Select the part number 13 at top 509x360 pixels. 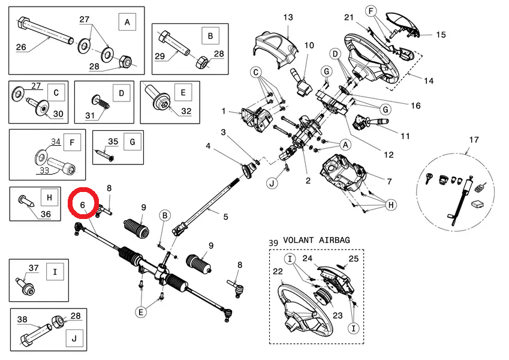point(288,17)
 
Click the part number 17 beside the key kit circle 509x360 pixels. point(474,140)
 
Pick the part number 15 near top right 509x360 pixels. point(441,35)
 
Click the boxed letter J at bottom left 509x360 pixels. point(74,339)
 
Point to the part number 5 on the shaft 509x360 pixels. point(225,216)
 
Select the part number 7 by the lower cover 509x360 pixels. point(389,181)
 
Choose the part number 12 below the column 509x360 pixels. point(388,155)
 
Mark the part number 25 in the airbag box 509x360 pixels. point(353,259)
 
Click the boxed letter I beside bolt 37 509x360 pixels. point(55,272)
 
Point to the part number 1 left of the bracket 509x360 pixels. point(223,111)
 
